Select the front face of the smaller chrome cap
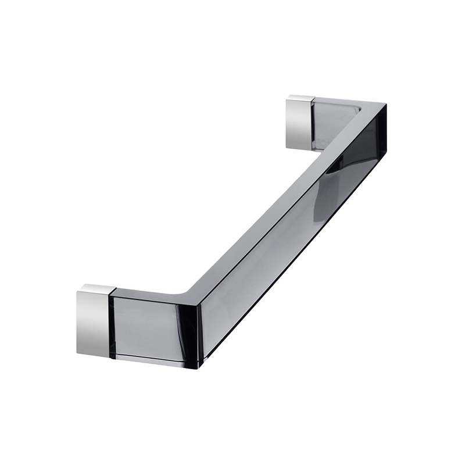(x=299, y=124)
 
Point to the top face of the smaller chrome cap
(x=301, y=98)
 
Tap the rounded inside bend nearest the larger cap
(x=187, y=289)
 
